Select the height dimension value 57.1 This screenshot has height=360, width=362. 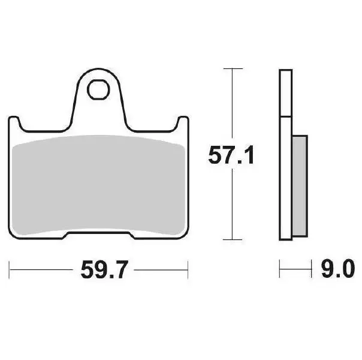232,156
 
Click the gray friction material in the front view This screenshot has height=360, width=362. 98,186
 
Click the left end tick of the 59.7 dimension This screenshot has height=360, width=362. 10,269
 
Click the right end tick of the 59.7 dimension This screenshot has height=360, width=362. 188,269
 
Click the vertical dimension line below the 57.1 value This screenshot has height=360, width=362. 231,204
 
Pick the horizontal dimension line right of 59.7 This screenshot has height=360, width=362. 159,269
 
